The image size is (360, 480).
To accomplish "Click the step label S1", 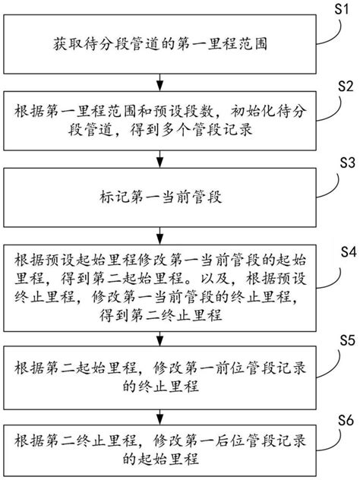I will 341,10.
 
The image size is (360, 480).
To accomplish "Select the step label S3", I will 342,184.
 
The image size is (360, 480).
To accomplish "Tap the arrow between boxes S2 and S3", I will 158,158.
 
